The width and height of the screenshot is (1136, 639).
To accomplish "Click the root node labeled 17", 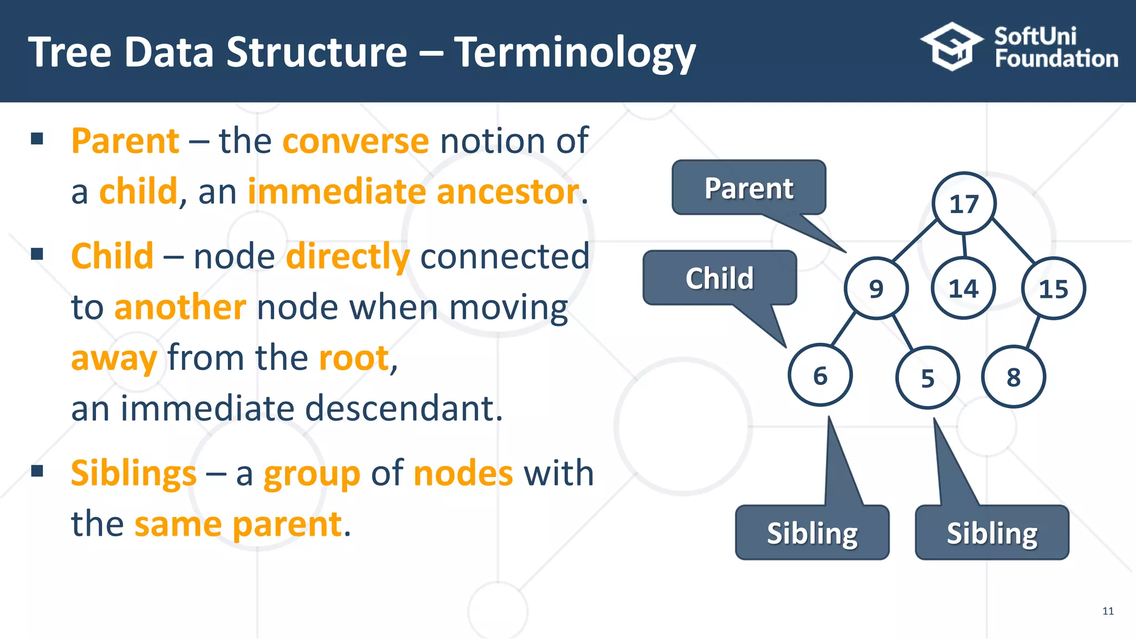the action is coord(964,204).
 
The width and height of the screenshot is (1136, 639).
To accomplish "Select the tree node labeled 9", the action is coord(876,288).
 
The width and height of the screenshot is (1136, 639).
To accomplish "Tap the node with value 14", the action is coord(963,288).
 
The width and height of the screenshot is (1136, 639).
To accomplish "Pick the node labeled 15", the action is coord(1053,288).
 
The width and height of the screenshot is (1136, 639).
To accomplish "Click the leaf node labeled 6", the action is coord(820,376).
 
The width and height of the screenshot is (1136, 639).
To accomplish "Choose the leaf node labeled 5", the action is coord(927,378).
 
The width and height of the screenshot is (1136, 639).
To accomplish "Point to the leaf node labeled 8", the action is coord(1013,377).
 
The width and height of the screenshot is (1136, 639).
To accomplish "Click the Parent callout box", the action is coord(749,188).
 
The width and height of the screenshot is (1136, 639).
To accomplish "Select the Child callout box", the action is coord(719,278).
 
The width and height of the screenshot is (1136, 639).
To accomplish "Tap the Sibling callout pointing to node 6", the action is coord(812,533).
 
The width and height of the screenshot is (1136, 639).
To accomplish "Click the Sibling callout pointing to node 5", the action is coord(992,533).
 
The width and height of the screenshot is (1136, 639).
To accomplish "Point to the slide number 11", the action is coord(1108,611).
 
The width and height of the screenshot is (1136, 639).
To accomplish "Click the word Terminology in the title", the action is coord(575,53).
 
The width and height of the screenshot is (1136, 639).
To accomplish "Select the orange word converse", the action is coord(356,141).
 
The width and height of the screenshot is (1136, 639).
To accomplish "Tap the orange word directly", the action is coord(348,257).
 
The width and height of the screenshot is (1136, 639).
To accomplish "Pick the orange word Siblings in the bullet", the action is coord(134,474).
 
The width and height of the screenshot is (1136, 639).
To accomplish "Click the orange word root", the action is coord(353,358).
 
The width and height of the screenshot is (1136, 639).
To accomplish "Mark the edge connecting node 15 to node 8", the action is coord(1033,333).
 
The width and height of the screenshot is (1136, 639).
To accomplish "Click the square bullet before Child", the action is coord(37,255).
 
